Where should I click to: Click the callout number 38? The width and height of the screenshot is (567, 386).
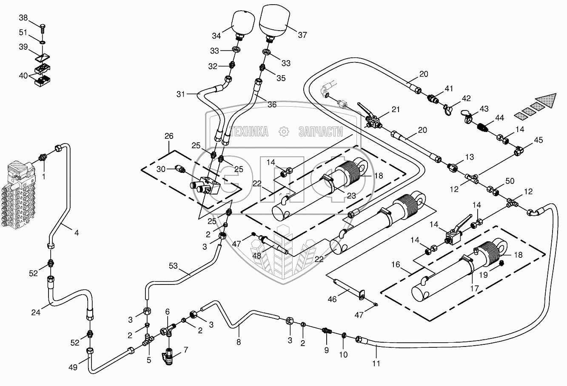(x=23, y=18)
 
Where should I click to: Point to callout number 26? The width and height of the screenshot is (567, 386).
(x=169, y=136)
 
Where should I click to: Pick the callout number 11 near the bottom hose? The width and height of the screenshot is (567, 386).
(x=376, y=363)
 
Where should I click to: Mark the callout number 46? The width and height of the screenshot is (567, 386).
(x=332, y=299)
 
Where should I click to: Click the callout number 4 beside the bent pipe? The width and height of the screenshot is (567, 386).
(x=77, y=232)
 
